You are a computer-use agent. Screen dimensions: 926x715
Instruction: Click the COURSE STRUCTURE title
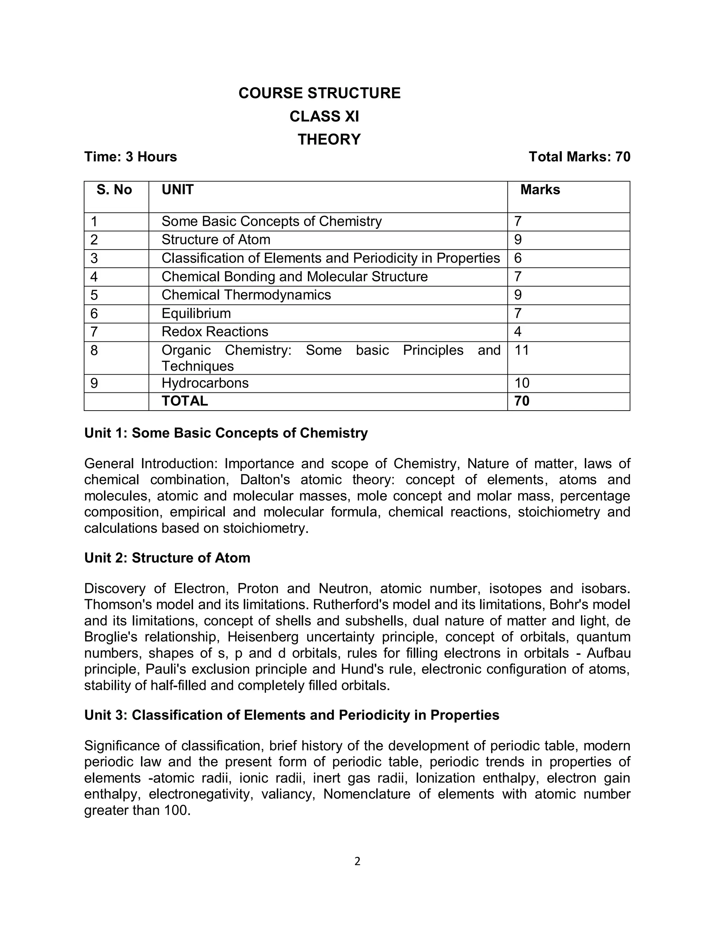319,93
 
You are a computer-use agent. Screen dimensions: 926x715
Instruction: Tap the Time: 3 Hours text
131,157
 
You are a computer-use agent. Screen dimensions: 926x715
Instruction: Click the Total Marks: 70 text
579,157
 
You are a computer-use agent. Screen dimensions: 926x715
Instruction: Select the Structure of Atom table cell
216,240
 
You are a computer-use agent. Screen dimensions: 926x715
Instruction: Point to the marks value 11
522,350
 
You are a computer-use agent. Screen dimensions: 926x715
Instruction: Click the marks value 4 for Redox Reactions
518,332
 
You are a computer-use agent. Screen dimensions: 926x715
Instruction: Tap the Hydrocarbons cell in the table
205,383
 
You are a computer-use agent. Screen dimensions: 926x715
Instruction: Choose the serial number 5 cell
94,295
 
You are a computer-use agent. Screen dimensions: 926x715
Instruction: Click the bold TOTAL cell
185,401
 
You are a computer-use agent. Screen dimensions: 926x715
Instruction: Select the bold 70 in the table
522,401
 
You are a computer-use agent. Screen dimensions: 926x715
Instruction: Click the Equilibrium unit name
196,313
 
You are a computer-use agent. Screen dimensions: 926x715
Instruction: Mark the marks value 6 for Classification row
518,258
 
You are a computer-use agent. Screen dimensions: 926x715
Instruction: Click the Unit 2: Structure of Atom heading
167,558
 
